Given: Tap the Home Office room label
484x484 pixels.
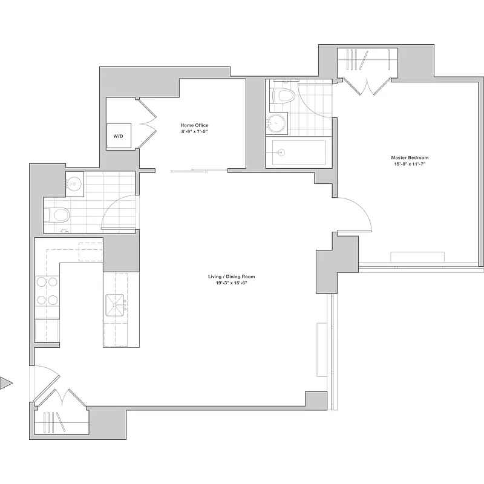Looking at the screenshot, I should pyautogui.click(x=194, y=125).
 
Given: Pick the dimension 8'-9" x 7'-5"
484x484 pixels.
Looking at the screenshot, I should pyautogui.click(x=194, y=131).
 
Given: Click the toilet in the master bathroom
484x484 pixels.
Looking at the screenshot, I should pyautogui.click(x=281, y=95).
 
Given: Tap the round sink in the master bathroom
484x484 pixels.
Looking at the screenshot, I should pyautogui.click(x=277, y=123).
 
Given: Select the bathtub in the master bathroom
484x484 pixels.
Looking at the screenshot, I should pyautogui.click(x=298, y=152).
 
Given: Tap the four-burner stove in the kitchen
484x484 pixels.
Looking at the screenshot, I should pyautogui.click(x=47, y=290).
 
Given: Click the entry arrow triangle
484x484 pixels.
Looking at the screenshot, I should pyautogui.click(x=6, y=383).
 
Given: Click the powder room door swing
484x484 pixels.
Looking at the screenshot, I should pyautogui.click(x=118, y=212).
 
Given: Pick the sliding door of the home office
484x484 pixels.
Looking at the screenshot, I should pyautogui.click(x=200, y=171).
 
